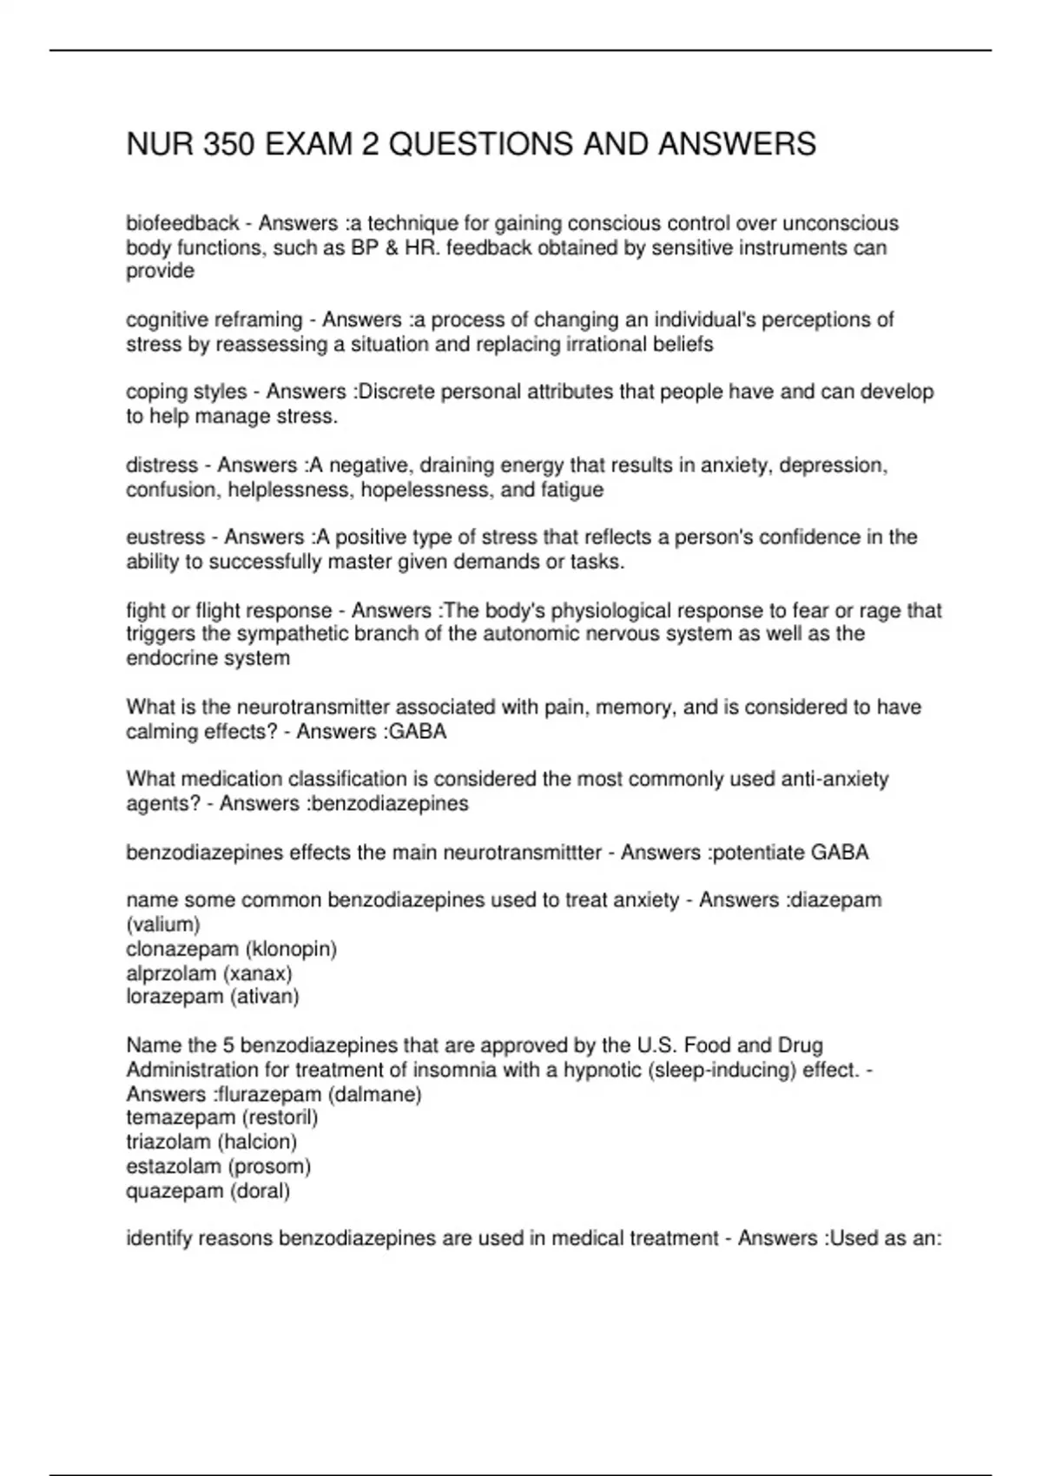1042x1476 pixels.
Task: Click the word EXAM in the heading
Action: click(307, 144)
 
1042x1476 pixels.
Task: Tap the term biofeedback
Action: click(182, 224)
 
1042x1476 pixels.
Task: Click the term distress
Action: click(162, 465)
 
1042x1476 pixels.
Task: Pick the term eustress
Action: click(165, 537)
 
